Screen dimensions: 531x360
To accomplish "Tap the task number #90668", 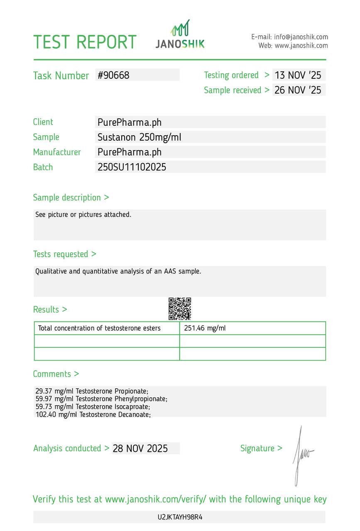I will pos(113,75).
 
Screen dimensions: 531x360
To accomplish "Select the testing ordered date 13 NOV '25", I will pos(298,75).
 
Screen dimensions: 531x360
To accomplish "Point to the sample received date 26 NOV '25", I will pos(298,90).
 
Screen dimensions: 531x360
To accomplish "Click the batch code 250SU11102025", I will pos(132,167).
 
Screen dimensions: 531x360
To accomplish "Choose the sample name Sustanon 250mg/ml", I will pos(139,137).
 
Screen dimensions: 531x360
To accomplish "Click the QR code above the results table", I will pos(180,309).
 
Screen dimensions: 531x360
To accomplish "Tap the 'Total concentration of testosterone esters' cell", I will pos(99,328).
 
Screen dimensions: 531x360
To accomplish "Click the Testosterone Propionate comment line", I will pos(92,391).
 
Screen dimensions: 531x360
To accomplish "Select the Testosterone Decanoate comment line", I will pos(93,414).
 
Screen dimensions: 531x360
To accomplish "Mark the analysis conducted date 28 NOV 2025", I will pos(140,448).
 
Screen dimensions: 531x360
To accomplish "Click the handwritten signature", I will pos(301,455).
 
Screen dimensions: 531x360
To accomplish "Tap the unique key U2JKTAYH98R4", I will pos(180,517).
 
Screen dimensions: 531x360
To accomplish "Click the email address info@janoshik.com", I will pos(301,37).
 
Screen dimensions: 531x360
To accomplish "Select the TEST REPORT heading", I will pos(85,42).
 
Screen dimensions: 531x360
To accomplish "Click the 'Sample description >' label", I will pos(71,197).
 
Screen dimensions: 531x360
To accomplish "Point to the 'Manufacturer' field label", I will pos(57,152).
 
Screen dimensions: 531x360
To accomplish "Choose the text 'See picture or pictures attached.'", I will pos(83,214).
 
